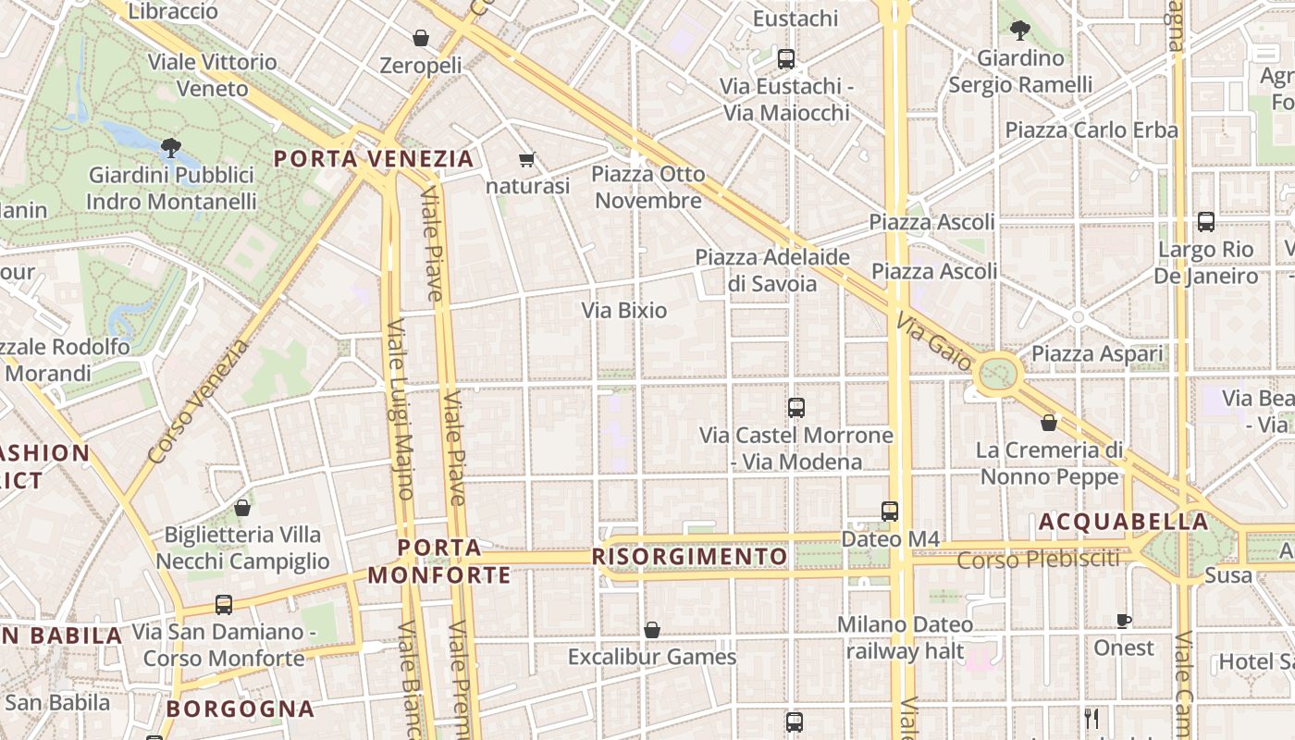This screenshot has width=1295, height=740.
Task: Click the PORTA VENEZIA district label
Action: point(374,158)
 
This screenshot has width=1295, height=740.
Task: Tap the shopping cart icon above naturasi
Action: point(527,160)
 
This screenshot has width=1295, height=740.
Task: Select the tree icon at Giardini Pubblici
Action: point(170,146)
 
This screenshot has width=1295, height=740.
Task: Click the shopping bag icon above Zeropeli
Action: point(421,38)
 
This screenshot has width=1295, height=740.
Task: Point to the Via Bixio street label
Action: point(624,310)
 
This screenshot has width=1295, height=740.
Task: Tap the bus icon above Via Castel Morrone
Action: point(795,407)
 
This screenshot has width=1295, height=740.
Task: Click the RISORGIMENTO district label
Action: point(689,556)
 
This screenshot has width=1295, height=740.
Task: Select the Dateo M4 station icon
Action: point(889,511)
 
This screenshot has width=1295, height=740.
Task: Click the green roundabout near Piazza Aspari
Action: point(998,375)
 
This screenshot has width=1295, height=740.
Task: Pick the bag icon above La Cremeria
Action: point(1049,423)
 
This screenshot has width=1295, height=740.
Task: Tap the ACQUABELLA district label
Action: point(1123,522)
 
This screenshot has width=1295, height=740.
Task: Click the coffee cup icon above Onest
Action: point(1124,621)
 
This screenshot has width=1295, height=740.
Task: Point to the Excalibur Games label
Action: point(652,657)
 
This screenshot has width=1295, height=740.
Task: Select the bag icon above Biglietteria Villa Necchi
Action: point(242,508)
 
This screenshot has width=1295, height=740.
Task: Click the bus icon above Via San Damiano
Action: point(223,605)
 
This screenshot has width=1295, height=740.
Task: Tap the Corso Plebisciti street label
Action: point(1038,560)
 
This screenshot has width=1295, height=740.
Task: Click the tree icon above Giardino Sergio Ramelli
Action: point(1020,31)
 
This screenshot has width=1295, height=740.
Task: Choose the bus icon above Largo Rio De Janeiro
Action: point(1205,222)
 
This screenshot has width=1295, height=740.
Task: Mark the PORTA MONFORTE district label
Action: point(439,561)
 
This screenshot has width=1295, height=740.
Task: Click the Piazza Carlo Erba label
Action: point(1091,129)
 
